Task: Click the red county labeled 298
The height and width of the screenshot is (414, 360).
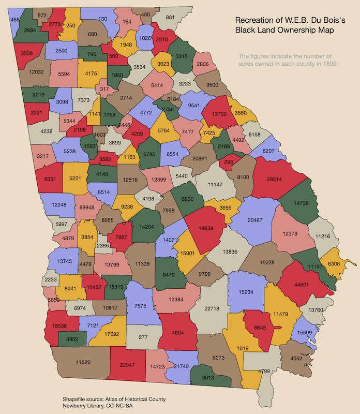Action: pyautogui.click(x=226, y=162)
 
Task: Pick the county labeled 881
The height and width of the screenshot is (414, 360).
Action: pyautogui.click(x=170, y=17)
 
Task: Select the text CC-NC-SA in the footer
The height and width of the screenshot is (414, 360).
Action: pyautogui.click(x=125, y=407)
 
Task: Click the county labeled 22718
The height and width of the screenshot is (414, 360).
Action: pyautogui.click(x=212, y=309)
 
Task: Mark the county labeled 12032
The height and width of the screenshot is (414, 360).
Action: pyautogui.click(x=36, y=72)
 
